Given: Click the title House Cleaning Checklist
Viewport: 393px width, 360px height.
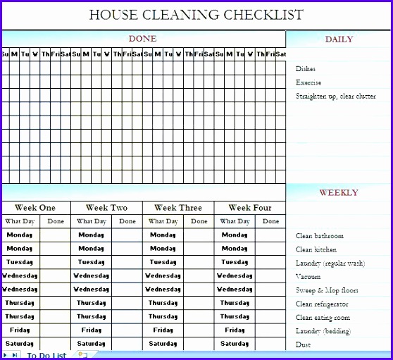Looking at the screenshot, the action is pyautogui.click(x=196, y=15).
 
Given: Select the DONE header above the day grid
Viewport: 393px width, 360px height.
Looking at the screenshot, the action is pyautogui.click(x=142, y=39).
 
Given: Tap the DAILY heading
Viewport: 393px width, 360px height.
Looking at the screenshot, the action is pyautogui.click(x=339, y=39).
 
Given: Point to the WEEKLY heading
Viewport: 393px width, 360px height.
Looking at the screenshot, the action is pyautogui.click(x=339, y=192).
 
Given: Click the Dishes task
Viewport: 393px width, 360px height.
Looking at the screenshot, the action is pyautogui.click(x=306, y=69).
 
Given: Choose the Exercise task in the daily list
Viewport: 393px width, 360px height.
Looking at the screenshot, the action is pyautogui.click(x=308, y=82).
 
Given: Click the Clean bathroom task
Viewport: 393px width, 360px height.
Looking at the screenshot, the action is pyautogui.click(x=320, y=236).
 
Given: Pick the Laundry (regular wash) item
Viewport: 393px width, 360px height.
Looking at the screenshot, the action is pyautogui.click(x=330, y=263).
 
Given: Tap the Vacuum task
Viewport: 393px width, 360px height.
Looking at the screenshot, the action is pyautogui.click(x=308, y=277).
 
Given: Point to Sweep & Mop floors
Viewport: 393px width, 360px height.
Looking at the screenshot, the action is pyautogui.click(x=327, y=290).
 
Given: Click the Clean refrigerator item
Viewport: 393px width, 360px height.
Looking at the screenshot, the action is pyautogui.click(x=322, y=304).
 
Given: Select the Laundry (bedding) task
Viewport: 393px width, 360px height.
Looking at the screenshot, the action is pyautogui.click(x=323, y=331).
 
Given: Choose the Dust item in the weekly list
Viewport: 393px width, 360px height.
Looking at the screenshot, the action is pyautogui.click(x=304, y=345).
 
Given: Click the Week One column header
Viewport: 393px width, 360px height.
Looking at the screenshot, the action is pyautogui.click(x=35, y=208).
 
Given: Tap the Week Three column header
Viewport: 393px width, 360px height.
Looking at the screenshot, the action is pyautogui.click(x=178, y=208).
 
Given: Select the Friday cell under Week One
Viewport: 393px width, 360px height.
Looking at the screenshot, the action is pyautogui.click(x=20, y=330).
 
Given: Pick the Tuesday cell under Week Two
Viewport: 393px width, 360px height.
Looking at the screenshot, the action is pyautogui.click(x=92, y=261).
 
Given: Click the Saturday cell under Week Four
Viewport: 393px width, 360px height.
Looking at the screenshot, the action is pyautogui.click(x=235, y=343).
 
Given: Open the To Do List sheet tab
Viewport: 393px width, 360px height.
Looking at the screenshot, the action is pyautogui.click(x=46, y=355).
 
